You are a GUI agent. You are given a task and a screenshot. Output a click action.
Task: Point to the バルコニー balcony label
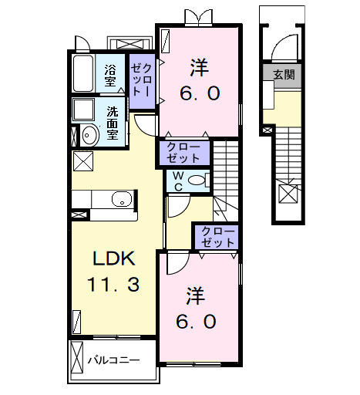pos(113,360)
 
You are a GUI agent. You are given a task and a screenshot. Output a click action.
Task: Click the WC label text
pos(177,181)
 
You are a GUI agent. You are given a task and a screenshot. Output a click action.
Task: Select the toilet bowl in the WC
pos(197,181)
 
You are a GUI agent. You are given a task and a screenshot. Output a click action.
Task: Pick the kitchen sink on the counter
pos(123,200)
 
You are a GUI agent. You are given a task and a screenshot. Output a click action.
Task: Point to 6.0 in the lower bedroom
pos(198,322)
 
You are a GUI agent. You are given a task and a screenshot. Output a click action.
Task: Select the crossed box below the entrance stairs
pos(288,194)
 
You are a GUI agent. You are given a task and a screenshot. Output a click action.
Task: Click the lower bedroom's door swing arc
pos(177,264)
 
